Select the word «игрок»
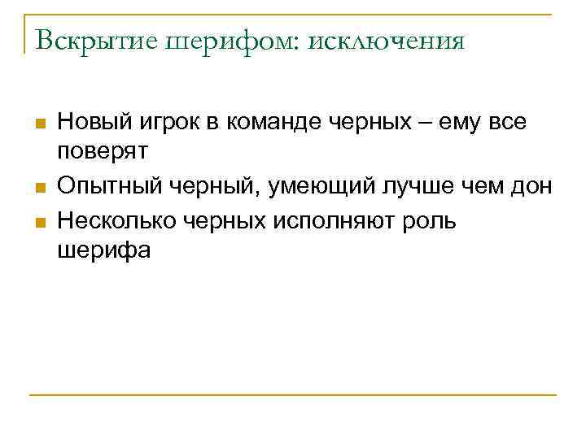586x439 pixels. [168, 123]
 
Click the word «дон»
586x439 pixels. [531, 187]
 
